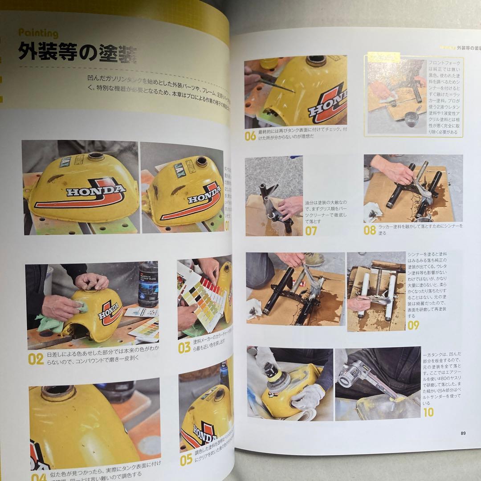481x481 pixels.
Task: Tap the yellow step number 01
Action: point(227,226)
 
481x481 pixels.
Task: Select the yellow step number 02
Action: point(36,359)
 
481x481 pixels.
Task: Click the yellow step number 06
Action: point(250,135)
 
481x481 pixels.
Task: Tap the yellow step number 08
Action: point(370,230)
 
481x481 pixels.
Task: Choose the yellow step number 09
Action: point(413,325)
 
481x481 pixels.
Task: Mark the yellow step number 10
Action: point(428,412)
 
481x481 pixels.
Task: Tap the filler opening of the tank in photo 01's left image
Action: point(96,156)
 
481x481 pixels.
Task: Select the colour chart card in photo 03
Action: point(203,298)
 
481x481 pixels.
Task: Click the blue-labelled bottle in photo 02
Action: point(148,285)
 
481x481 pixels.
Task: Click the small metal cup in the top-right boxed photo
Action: point(411,119)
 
